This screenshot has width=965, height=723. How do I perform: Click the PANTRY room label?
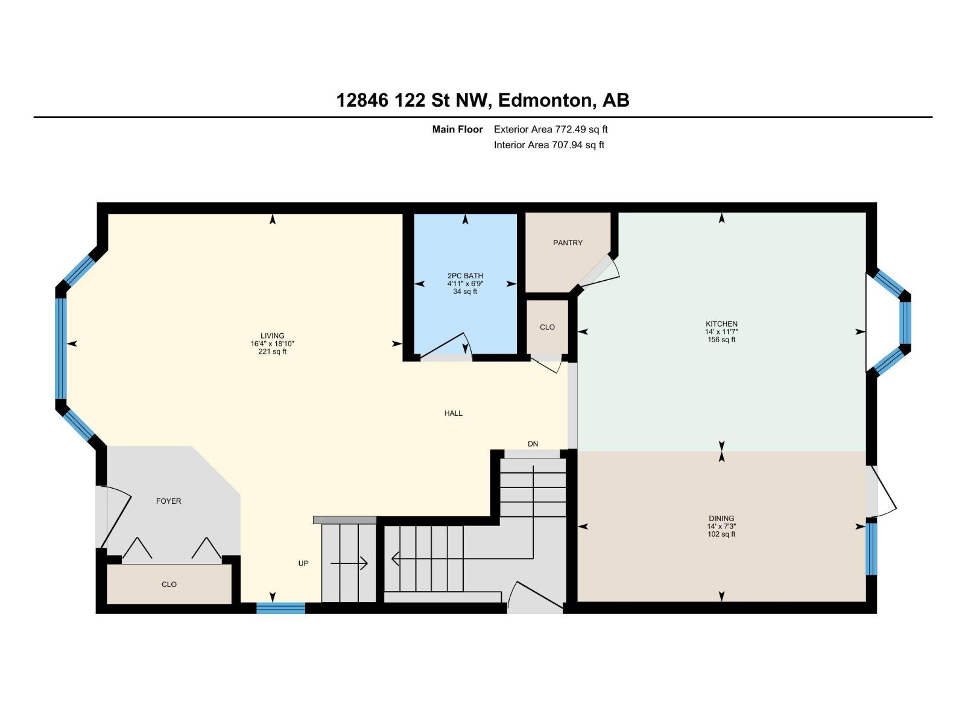pos(568,243)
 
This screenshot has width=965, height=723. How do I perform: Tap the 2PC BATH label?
pos(465,276)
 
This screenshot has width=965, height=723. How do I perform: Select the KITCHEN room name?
pos(721,324)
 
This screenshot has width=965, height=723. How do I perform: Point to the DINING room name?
pos(721,518)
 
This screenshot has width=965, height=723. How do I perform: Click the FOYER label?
pos(169,501)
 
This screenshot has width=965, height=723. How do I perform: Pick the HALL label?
pos(454,413)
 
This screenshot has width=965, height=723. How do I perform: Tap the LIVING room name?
pos(273,336)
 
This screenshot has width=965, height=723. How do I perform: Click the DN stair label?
pos(533,444)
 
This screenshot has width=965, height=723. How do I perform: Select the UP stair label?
pos(303,563)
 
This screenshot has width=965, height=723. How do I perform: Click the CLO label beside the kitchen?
pos(548,327)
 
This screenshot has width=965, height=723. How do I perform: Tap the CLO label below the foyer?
pos(169,584)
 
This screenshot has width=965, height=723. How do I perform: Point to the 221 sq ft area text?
pos(273,352)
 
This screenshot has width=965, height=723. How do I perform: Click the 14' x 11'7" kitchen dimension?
pos(721,332)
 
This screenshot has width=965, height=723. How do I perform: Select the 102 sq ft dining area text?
pos(721,534)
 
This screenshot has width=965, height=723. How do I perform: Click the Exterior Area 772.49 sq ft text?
pos(551,130)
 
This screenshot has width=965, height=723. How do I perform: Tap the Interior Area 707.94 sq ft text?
pos(549,145)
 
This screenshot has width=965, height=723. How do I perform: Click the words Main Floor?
pos(457,130)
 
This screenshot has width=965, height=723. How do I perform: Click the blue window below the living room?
pos(281,608)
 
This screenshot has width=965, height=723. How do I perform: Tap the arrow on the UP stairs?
pos(349,563)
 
